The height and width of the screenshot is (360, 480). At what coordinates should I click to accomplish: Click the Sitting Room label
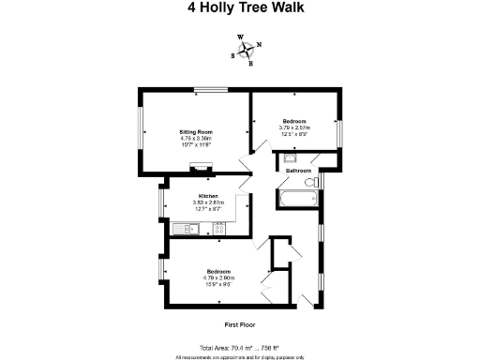[197, 132]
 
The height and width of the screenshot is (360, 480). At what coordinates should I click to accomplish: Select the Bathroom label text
[298, 171]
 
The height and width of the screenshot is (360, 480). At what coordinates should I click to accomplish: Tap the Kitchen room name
[207, 196]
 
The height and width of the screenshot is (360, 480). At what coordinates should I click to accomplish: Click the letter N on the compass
[259, 44]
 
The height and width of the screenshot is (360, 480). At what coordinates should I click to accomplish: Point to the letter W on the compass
[240, 38]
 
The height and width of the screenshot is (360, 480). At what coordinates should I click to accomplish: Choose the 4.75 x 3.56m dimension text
[197, 139]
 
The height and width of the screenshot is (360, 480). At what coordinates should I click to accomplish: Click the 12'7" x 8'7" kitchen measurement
[207, 208]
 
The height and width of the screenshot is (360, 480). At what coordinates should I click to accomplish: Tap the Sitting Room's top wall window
[207, 90]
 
